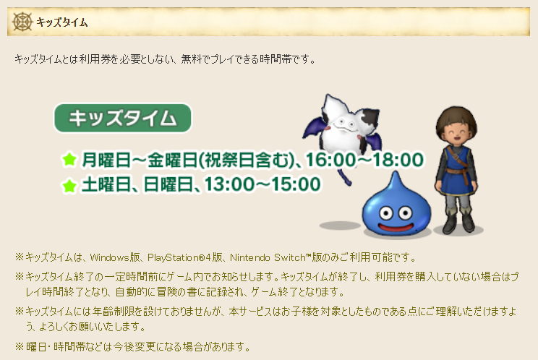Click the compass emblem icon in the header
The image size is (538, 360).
22,22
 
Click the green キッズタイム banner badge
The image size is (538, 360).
122,118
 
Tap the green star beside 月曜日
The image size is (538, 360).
69,160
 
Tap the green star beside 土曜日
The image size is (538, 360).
69,185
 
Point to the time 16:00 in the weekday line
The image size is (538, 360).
330,160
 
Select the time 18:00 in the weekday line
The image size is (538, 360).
398,160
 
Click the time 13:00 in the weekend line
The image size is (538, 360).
229,184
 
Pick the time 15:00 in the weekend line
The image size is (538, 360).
296,184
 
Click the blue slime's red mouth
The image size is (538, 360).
396,227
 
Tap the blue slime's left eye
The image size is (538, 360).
386,213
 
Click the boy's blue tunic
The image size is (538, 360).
456,171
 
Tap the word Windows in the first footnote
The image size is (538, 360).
110,257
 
